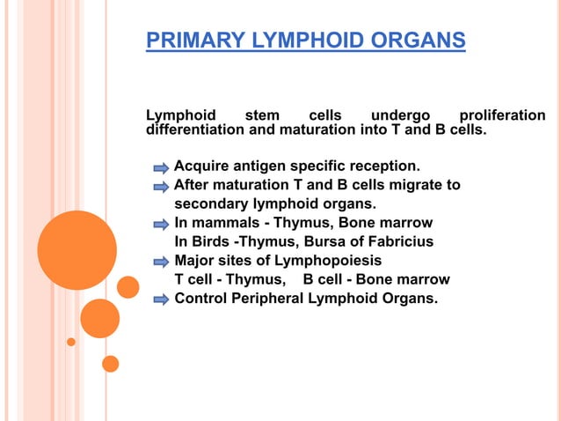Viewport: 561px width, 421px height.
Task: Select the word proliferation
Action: [502, 116]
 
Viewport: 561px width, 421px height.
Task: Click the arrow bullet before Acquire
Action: [161, 166]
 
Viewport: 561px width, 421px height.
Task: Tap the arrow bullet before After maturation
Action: [161, 186]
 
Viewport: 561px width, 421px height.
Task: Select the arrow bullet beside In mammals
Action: [161, 224]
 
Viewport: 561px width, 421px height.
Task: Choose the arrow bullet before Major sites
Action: [161, 262]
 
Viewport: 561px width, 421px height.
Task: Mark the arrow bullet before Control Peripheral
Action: [161, 299]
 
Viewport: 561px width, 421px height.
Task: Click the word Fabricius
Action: [404, 241]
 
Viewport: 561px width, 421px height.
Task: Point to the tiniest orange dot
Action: [71, 342]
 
